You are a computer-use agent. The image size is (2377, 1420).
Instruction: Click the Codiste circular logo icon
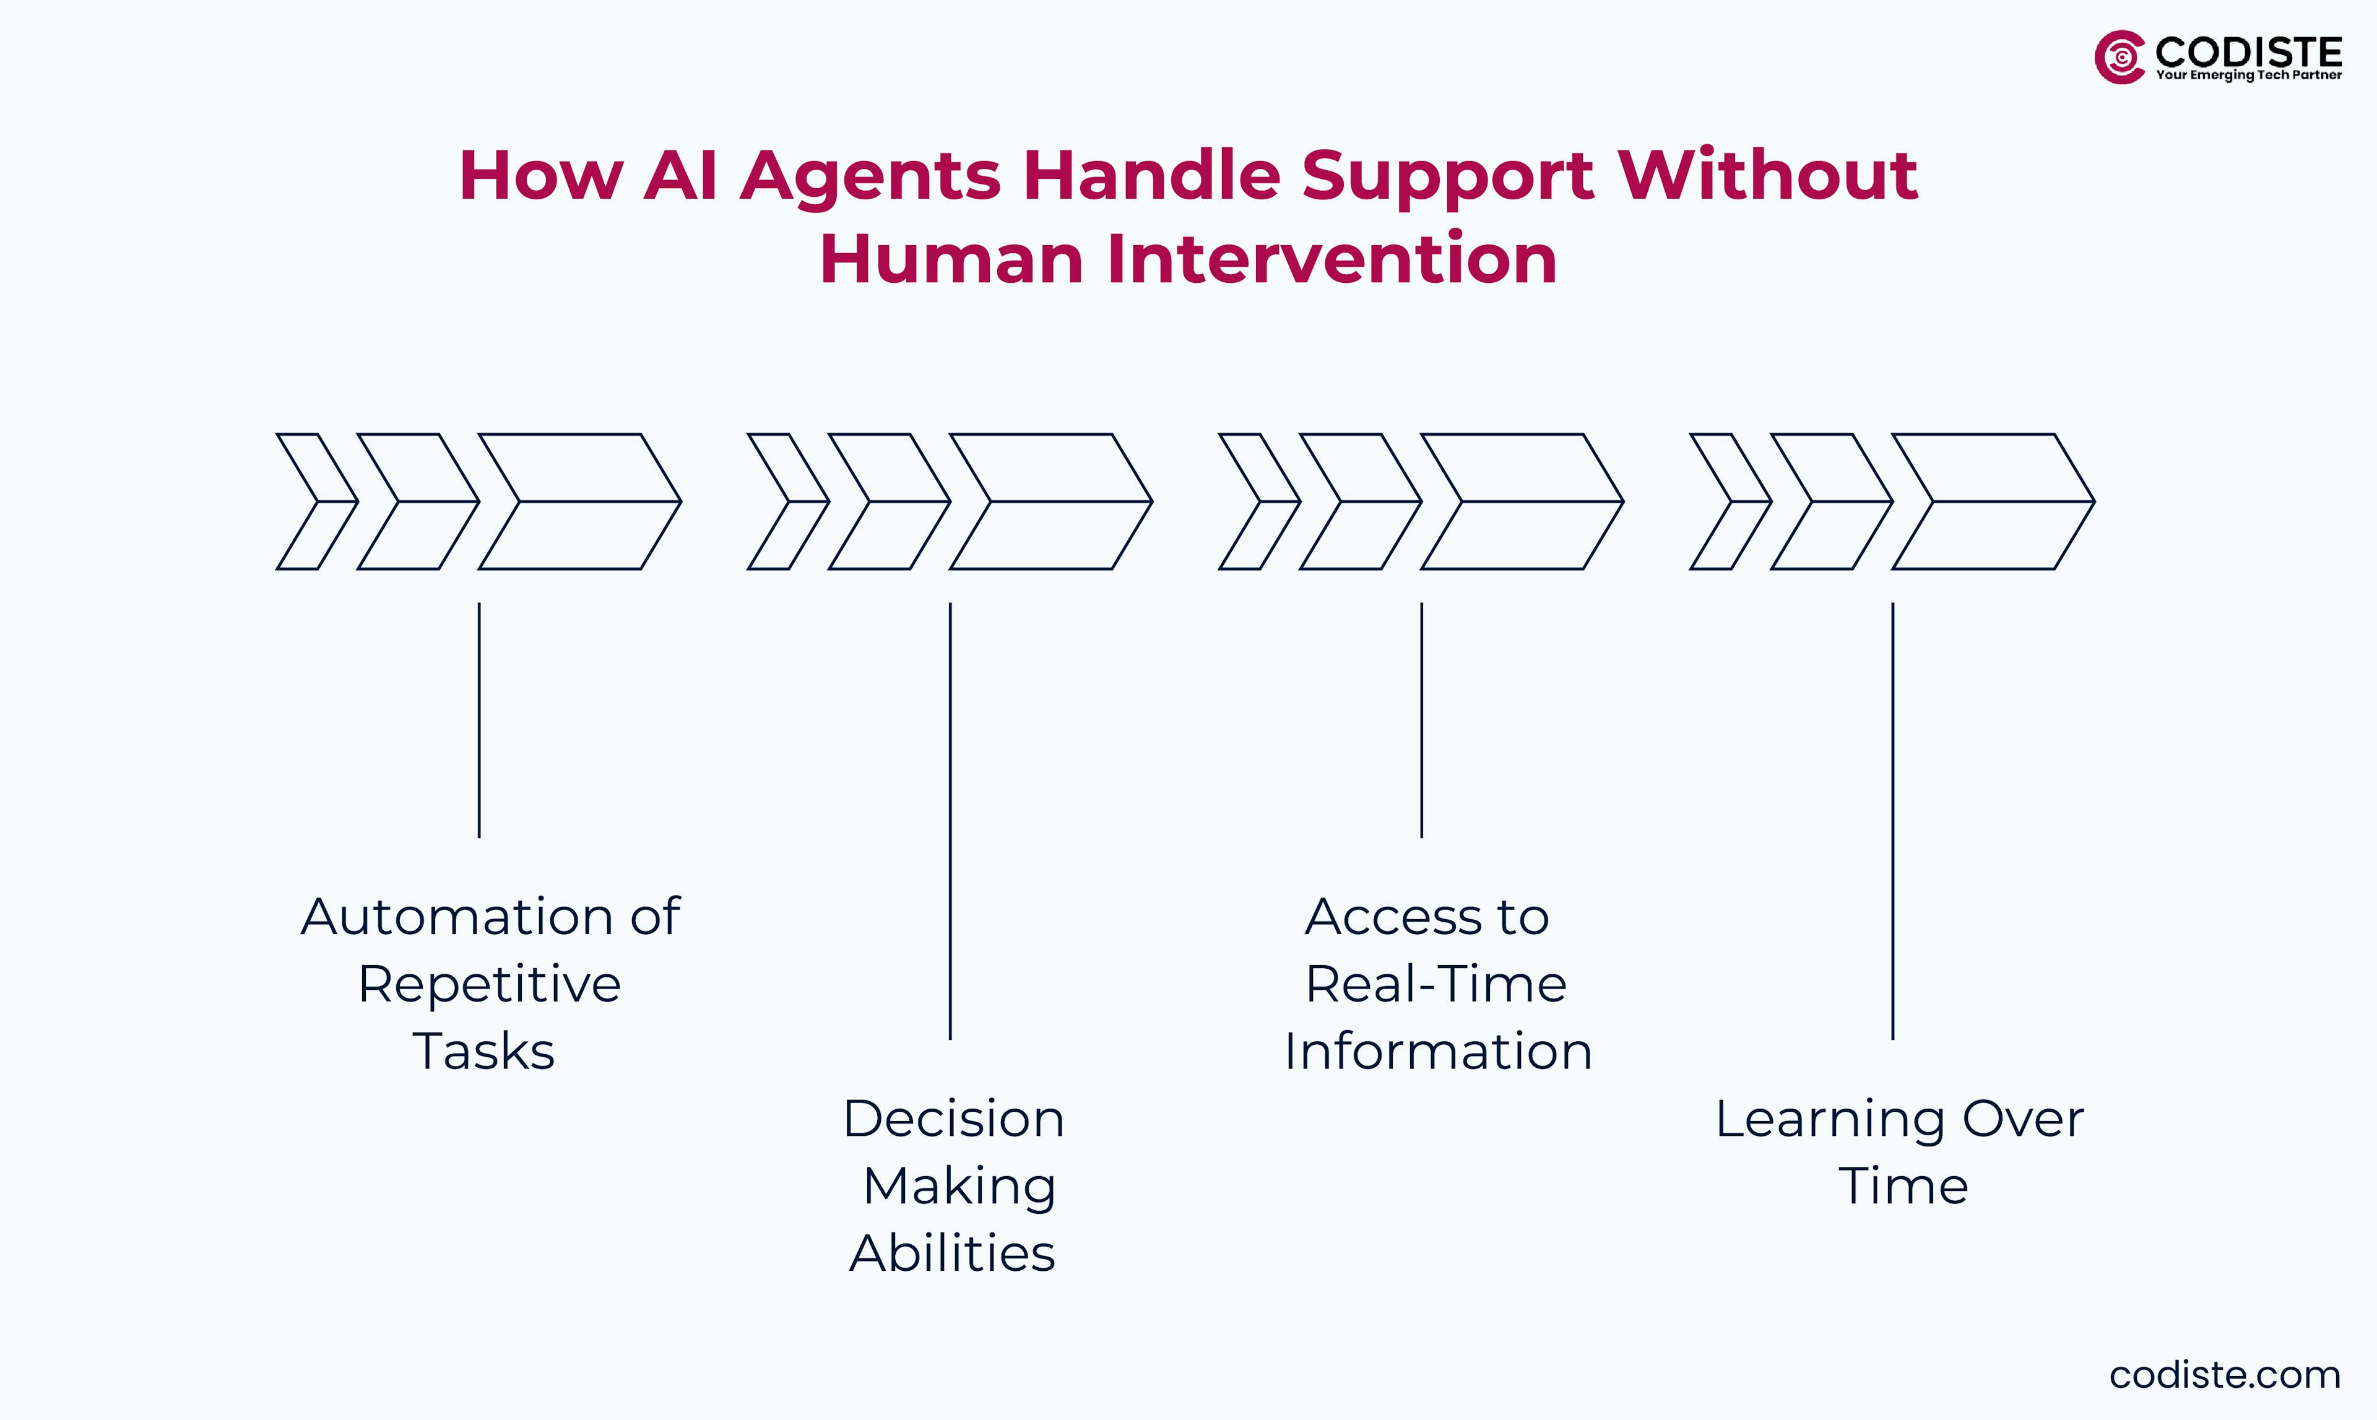tap(2119, 58)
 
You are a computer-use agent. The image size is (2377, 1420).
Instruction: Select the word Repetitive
tap(489, 984)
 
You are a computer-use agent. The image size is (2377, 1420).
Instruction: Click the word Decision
tap(953, 1119)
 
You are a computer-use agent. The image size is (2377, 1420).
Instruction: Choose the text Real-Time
tap(1435, 984)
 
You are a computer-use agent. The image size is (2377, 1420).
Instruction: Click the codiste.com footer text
tap(2224, 1375)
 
